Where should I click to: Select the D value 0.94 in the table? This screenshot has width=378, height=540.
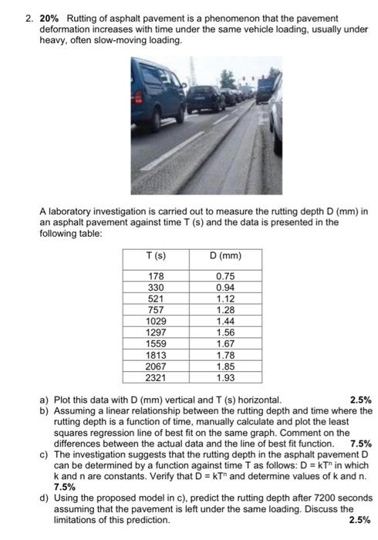[x=225, y=287]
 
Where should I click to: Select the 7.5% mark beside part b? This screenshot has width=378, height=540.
[x=360, y=444]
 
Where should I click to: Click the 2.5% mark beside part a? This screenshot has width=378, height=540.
[x=360, y=400]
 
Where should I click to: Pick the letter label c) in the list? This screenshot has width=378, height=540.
[x=44, y=454]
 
